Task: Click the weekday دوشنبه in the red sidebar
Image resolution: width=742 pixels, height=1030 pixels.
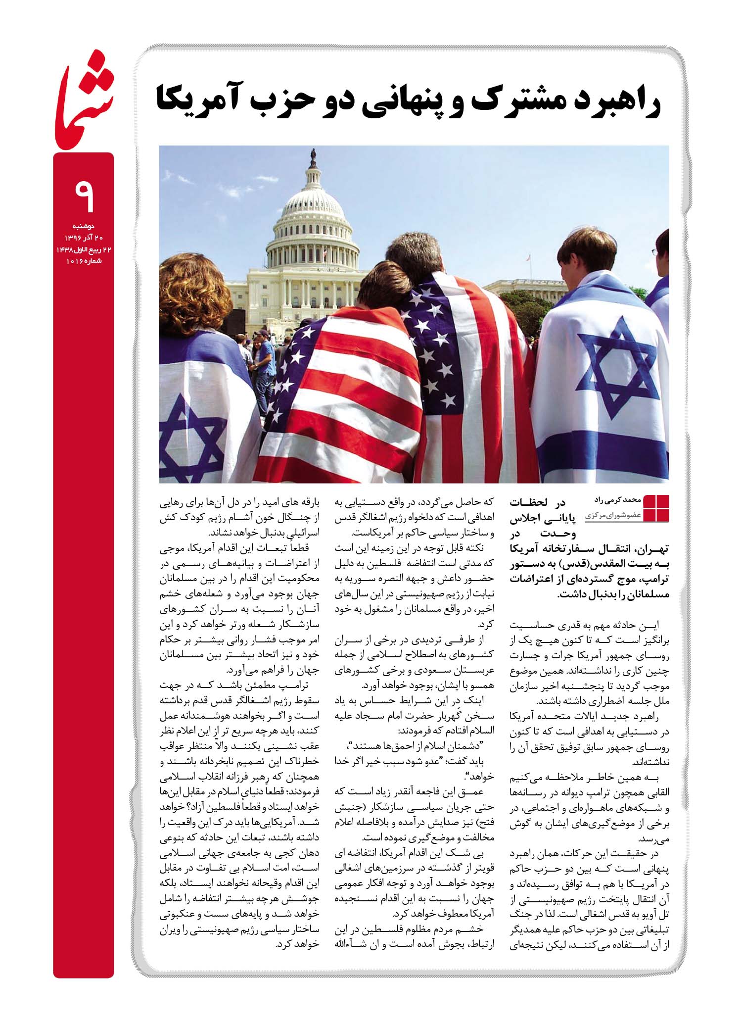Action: [90, 225]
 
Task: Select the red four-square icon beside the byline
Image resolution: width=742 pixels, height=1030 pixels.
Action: [655, 508]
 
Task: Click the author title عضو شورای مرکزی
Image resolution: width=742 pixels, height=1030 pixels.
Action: [612, 515]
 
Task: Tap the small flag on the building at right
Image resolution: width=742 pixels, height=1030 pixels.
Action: [529, 257]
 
